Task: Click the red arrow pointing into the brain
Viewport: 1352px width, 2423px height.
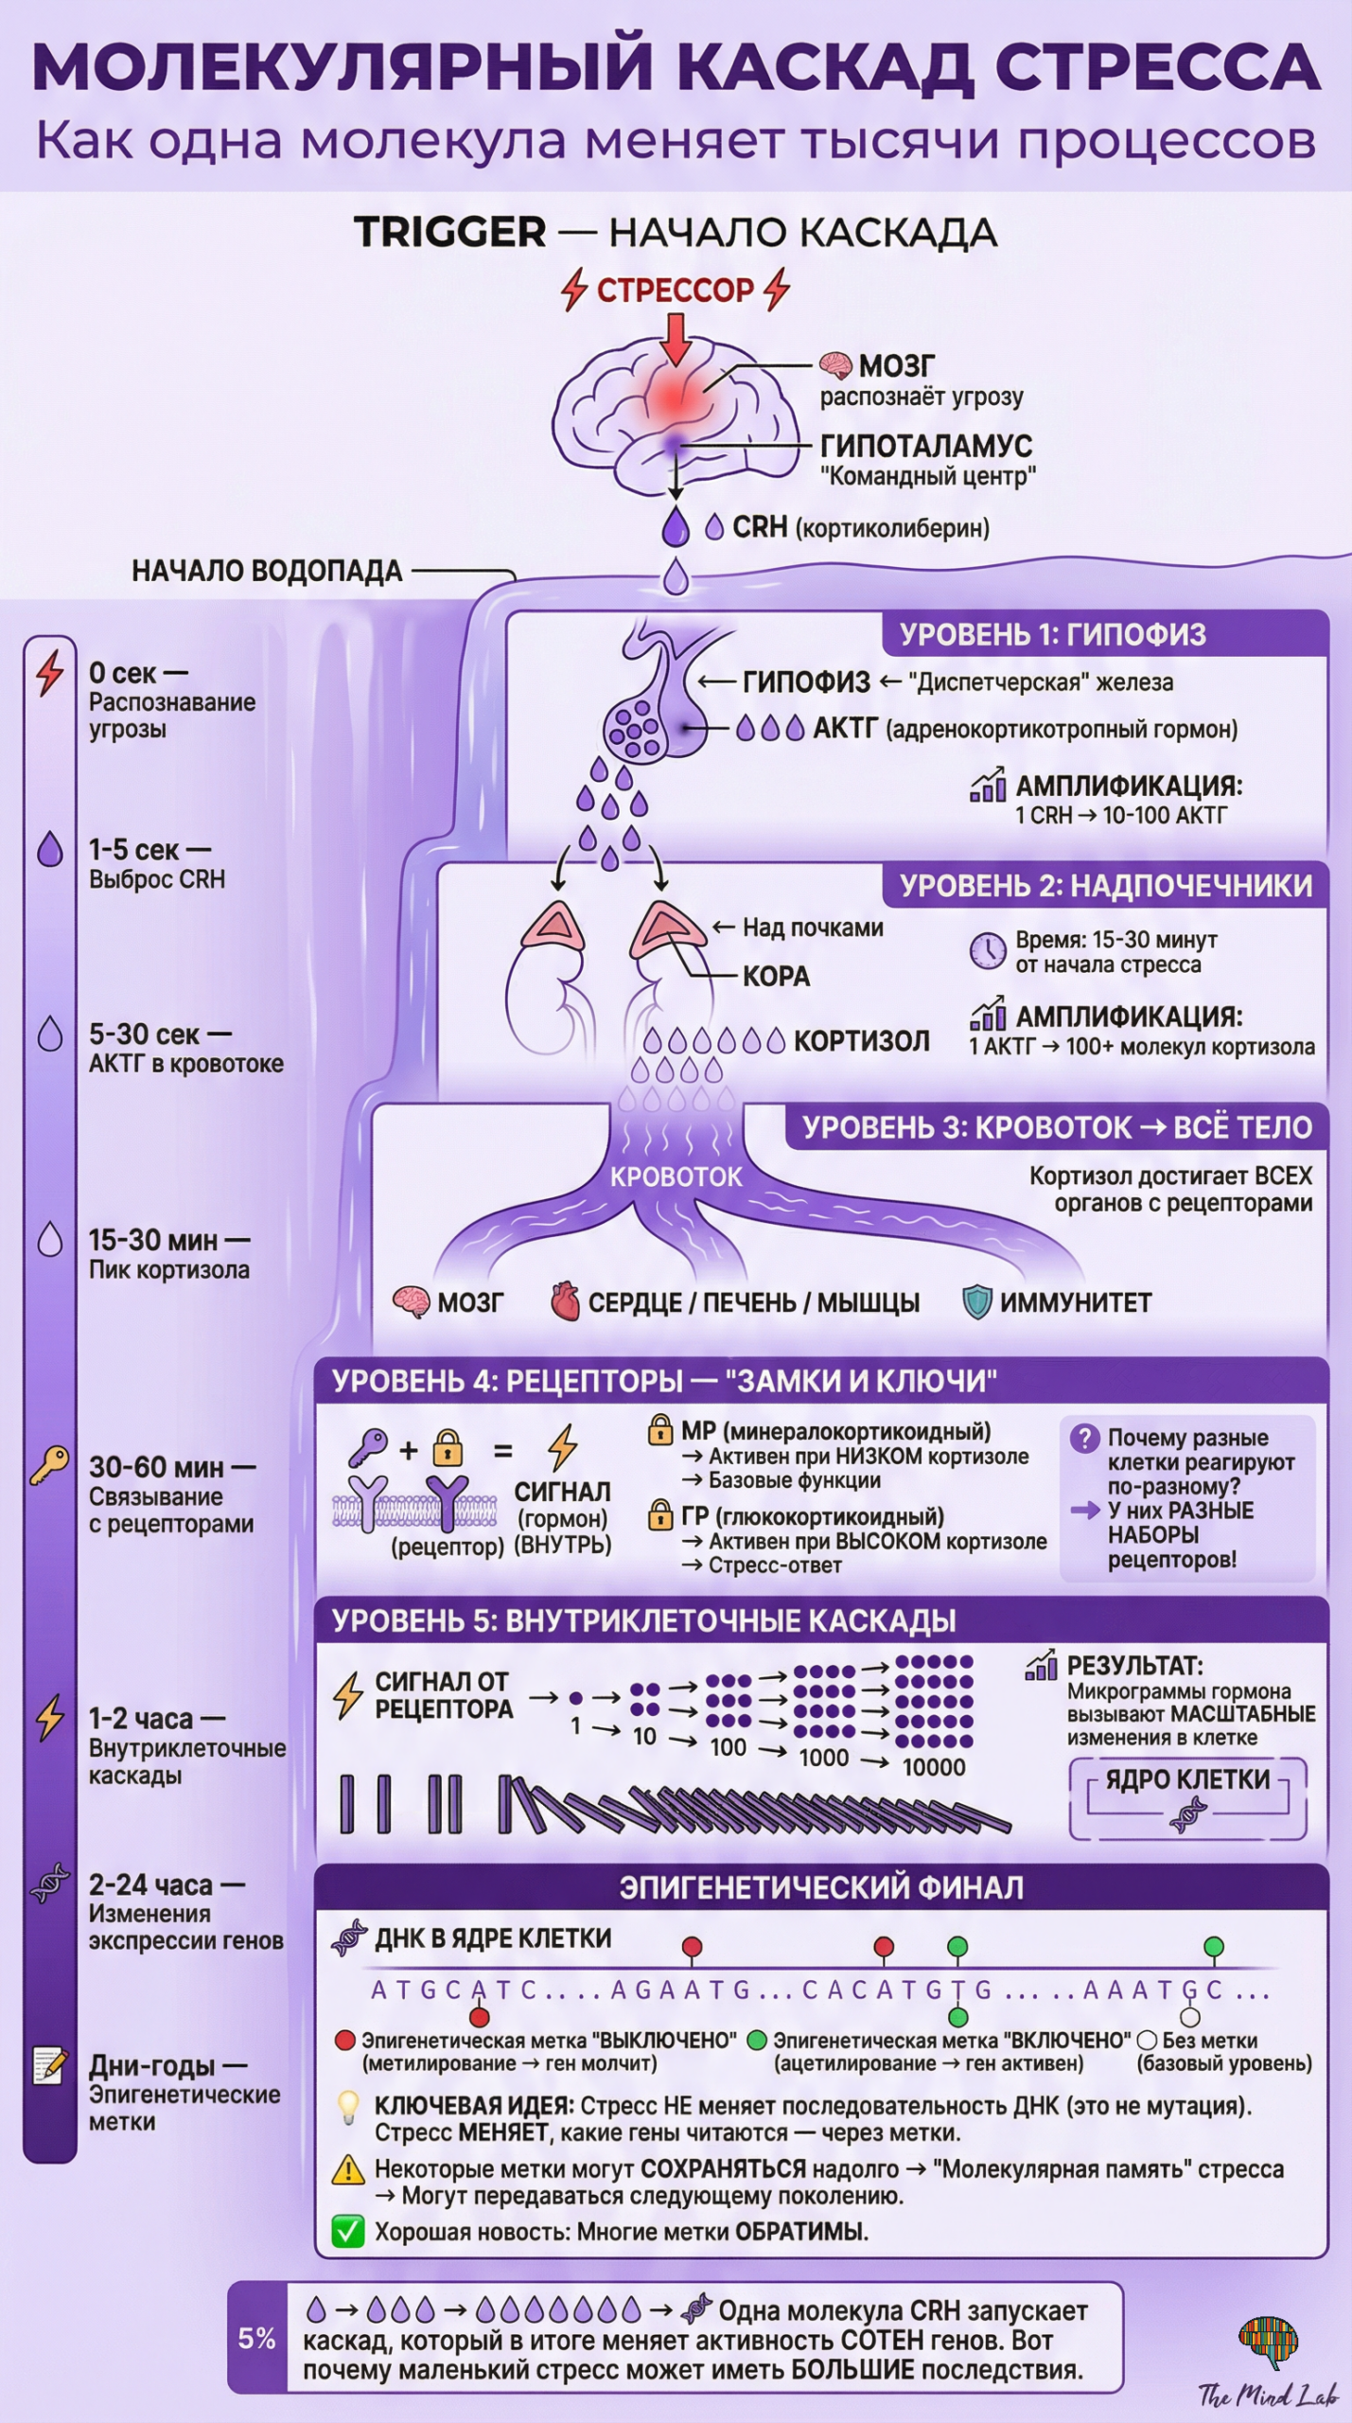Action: tap(675, 339)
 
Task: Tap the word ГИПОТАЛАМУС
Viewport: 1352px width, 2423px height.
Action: tap(925, 446)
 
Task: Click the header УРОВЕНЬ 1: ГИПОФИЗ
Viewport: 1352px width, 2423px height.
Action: tap(1052, 634)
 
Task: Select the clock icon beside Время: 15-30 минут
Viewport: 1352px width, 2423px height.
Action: tap(987, 951)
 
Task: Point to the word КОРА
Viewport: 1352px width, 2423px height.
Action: tap(776, 976)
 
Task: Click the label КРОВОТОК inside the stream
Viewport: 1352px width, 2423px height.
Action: tap(676, 1176)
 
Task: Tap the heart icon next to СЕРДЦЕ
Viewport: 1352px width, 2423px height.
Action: tap(565, 1301)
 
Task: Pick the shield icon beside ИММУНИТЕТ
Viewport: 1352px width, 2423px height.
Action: tap(976, 1301)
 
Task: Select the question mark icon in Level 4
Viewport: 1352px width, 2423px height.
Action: tap(1083, 1438)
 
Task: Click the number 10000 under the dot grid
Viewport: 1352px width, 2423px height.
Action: tap(933, 1766)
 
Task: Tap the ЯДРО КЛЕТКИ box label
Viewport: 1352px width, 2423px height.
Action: tap(1187, 1779)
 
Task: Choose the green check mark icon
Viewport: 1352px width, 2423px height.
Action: tap(348, 2232)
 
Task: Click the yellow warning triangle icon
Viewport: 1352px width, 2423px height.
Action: tap(348, 2169)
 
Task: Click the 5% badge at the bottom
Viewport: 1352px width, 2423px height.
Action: tap(256, 2339)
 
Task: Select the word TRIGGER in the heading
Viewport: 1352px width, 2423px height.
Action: tap(449, 232)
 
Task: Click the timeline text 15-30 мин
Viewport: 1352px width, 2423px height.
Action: tap(153, 1240)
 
